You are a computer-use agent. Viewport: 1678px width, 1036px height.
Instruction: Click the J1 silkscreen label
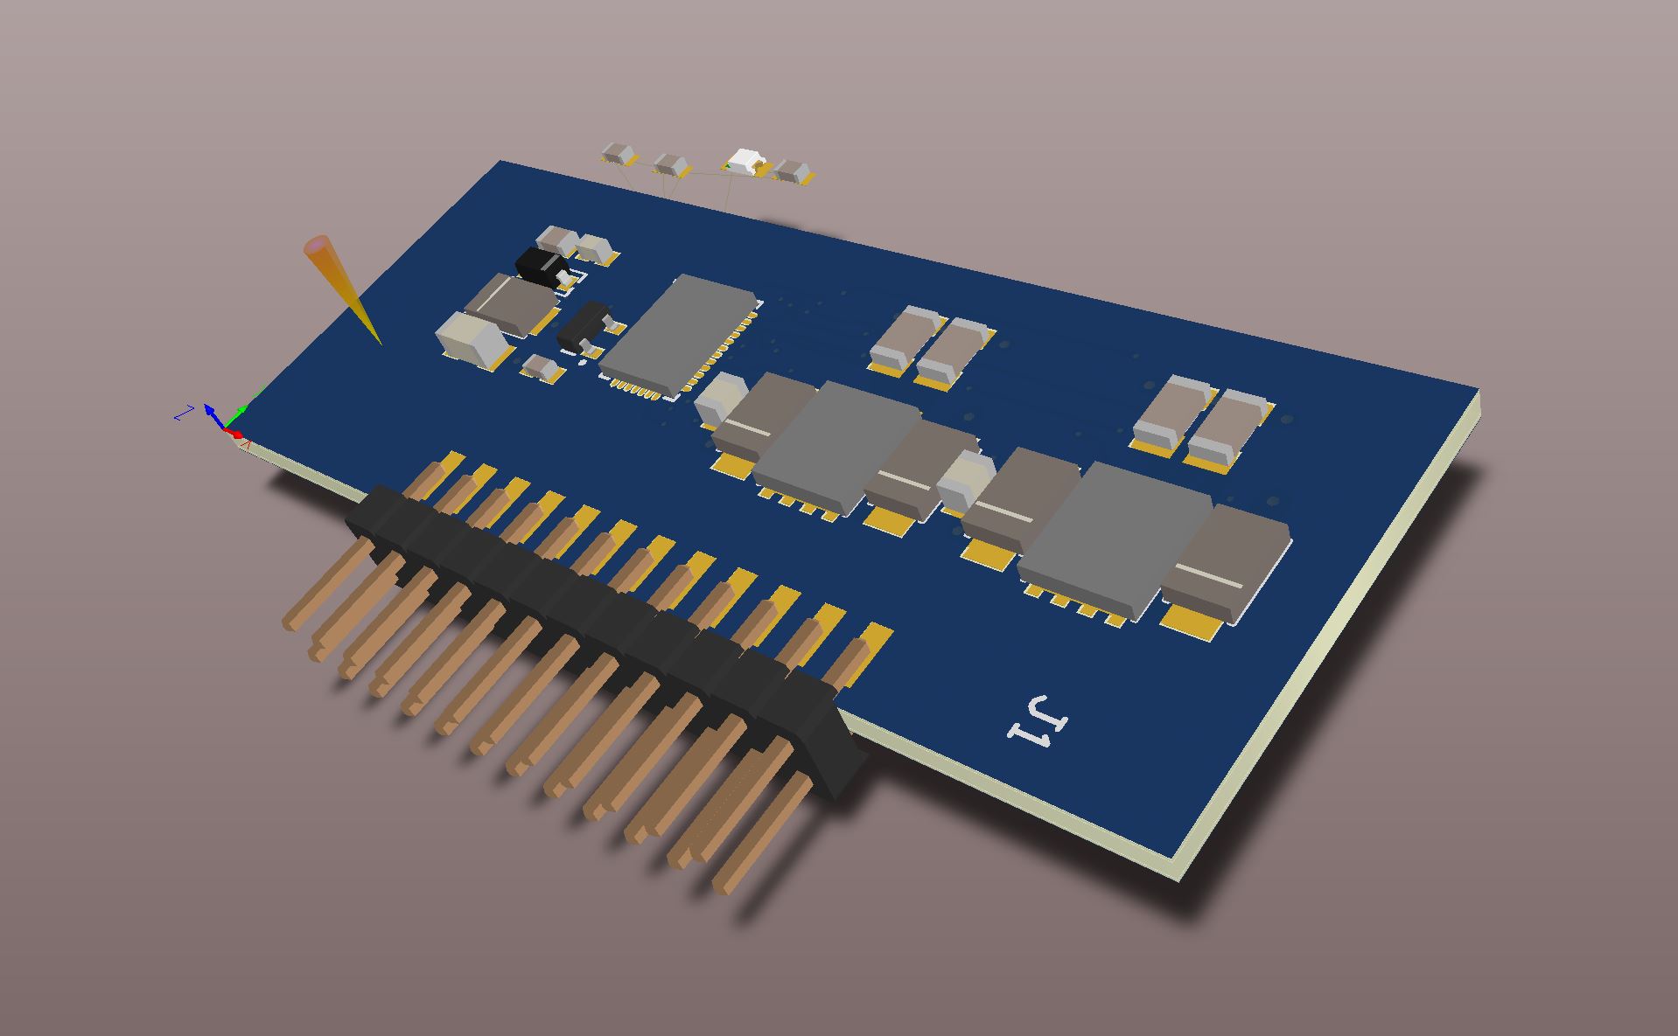click(x=1038, y=722)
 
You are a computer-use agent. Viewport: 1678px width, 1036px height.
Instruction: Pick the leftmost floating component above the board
click(x=619, y=154)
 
